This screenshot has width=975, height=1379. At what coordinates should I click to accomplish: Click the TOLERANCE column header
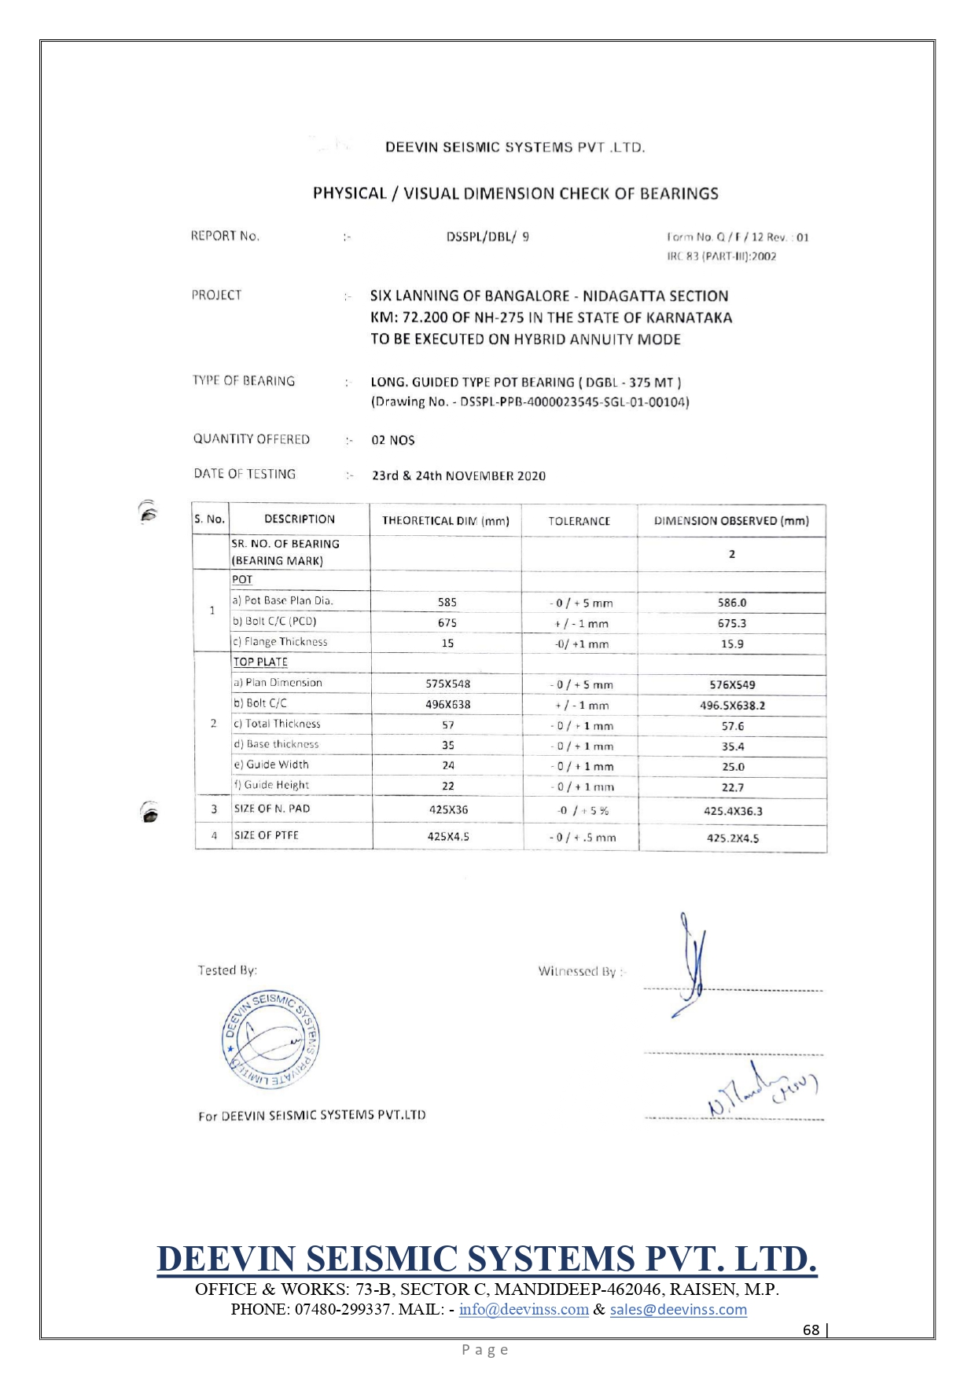click(x=579, y=521)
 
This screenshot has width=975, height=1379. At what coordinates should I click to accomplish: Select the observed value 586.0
click(x=732, y=603)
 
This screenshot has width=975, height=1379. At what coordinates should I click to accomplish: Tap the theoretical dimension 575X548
click(x=447, y=684)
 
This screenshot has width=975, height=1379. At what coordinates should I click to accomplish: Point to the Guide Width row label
click(x=271, y=765)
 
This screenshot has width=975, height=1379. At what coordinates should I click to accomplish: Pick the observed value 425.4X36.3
click(x=732, y=811)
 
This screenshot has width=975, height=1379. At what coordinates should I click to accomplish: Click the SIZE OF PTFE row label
click(x=267, y=835)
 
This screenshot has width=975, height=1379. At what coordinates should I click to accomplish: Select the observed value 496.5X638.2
click(x=732, y=706)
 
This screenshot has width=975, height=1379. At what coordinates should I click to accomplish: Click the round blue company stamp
click(x=270, y=1040)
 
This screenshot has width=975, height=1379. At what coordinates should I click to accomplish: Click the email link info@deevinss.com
click(x=524, y=1310)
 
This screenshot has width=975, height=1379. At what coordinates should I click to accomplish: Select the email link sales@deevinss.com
click(x=678, y=1310)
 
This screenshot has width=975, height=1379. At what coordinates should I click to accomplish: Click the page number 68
click(x=811, y=1329)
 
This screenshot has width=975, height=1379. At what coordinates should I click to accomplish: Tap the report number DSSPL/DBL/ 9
click(x=487, y=237)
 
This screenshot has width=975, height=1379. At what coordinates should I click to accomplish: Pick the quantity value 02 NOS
click(x=393, y=440)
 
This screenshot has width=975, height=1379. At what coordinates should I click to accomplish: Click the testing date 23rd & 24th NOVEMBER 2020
click(x=458, y=476)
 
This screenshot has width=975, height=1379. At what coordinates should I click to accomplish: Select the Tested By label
click(x=227, y=970)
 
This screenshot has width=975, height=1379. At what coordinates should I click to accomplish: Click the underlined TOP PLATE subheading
click(x=260, y=662)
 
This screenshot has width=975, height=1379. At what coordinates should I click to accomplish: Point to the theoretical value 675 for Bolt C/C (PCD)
click(x=447, y=623)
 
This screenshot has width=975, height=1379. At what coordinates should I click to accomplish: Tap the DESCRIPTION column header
click(x=300, y=519)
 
